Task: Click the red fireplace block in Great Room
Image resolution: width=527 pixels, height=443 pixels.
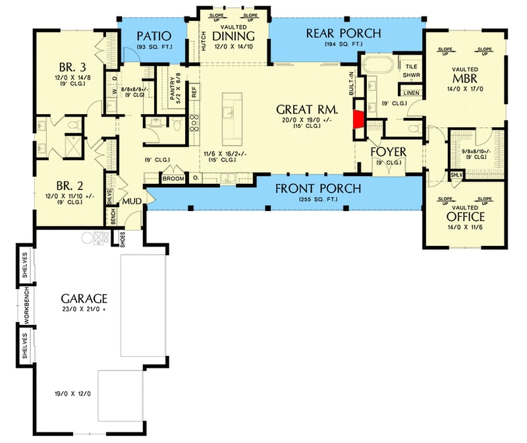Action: (x=358, y=119)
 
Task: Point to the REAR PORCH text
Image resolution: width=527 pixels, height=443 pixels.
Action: (x=343, y=34)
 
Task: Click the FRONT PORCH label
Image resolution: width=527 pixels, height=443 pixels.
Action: (x=318, y=189)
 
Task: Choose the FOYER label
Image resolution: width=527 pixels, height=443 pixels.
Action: (x=388, y=151)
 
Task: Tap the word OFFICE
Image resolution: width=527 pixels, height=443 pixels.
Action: (x=465, y=216)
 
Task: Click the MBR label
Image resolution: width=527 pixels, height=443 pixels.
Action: (x=465, y=80)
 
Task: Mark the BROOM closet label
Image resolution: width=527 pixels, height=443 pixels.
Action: (x=173, y=178)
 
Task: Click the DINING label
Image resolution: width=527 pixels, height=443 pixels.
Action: (x=235, y=36)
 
